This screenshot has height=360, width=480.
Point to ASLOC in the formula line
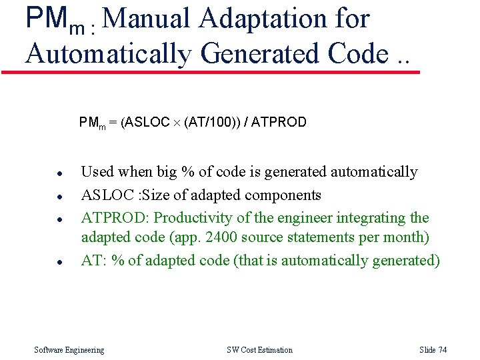coord(147,122)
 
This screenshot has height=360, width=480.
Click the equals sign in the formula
coord(113,123)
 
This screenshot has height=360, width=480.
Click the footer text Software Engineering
coord(69,350)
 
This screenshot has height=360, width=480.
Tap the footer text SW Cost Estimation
coord(259,350)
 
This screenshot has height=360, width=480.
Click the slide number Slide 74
coord(433,350)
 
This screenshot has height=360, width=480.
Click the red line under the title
coord(211,72)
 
